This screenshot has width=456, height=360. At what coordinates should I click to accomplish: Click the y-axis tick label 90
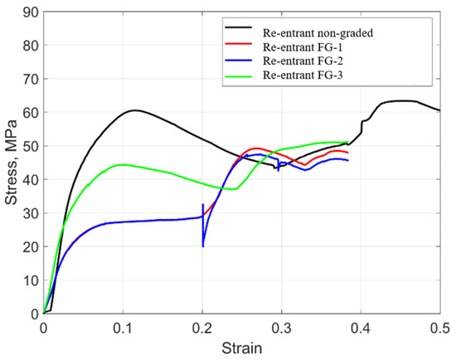click(31, 12)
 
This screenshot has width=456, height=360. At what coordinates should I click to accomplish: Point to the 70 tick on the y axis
click(31, 79)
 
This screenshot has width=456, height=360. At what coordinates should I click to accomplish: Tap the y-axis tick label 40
click(31, 180)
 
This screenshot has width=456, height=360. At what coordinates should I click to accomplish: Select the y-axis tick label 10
click(31, 280)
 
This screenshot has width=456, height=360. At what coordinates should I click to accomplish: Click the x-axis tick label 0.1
click(123, 328)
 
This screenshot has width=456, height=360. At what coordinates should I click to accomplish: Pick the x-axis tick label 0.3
click(282, 328)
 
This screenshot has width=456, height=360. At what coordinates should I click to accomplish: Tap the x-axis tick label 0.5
click(439, 328)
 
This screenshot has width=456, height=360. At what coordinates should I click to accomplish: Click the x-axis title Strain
click(242, 348)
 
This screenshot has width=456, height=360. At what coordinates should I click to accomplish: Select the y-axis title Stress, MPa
click(11, 163)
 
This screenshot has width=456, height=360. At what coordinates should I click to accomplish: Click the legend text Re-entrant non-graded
click(318, 33)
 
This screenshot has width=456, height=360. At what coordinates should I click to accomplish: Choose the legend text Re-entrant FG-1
click(303, 47)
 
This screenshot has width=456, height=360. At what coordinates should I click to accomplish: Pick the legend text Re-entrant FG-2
click(303, 61)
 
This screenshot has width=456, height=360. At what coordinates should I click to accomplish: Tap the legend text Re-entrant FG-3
click(303, 75)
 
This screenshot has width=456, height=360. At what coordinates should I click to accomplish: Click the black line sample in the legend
click(239, 27)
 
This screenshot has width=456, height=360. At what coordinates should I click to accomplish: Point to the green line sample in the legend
click(239, 76)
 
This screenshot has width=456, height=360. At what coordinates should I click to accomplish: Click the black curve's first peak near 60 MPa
click(135, 110)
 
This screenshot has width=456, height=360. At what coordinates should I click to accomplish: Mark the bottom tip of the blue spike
click(203, 247)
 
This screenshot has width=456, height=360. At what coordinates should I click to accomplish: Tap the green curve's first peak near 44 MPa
click(122, 165)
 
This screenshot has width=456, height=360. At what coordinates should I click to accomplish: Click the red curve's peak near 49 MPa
click(255, 148)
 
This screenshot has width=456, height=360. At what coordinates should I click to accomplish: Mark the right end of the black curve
click(440, 110)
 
